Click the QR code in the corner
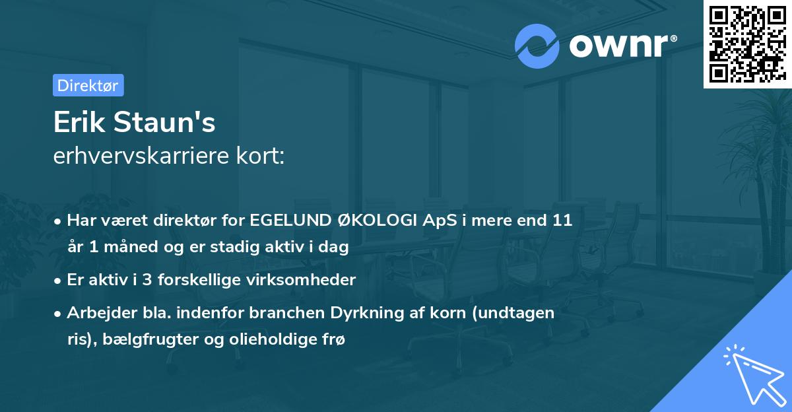point(747,44)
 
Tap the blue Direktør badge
point(88,85)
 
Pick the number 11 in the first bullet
point(562,221)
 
